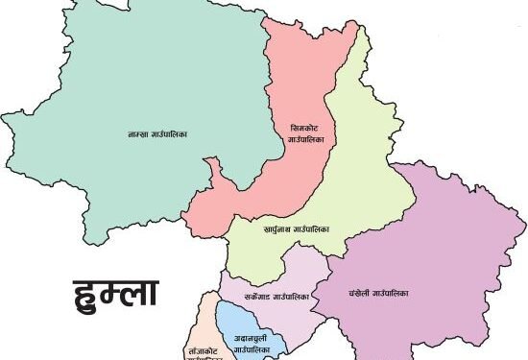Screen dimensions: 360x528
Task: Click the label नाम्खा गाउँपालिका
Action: tap(156, 133)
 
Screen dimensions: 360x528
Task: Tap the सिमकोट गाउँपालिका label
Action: tap(306, 133)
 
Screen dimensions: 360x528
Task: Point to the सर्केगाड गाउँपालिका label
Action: tap(276, 298)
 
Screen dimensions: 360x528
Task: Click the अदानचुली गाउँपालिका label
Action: tap(251, 341)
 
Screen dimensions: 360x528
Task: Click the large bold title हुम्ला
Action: tap(116, 292)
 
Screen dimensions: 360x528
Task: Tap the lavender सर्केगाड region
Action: tap(288, 274)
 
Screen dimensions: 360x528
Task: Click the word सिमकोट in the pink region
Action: tap(305, 128)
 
